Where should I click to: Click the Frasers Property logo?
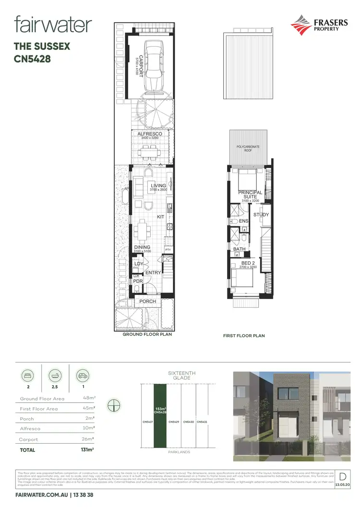(x=314, y=24)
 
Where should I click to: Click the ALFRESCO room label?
(x=149, y=134)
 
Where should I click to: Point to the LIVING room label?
(x=158, y=185)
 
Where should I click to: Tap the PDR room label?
(x=138, y=281)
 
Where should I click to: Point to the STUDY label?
(x=261, y=215)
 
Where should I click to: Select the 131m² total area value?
(x=87, y=449)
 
